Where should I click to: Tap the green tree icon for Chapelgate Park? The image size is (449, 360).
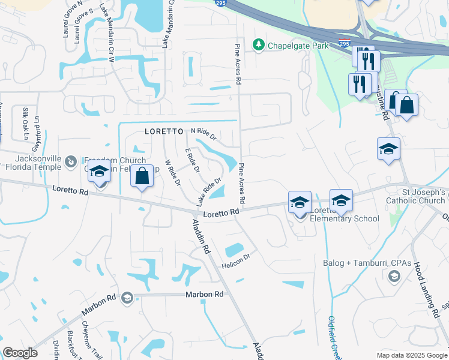(x=259, y=44)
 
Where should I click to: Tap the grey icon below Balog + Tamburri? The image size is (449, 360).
(x=394, y=275)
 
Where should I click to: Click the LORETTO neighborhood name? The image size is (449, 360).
(x=163, y=131)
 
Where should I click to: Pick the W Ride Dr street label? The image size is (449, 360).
(x=172, y=173)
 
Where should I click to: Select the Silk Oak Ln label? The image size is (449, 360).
(x=26, y=124)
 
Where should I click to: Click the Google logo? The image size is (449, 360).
(x=20, y=353)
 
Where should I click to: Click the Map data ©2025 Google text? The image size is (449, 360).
(x=412, y=355)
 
